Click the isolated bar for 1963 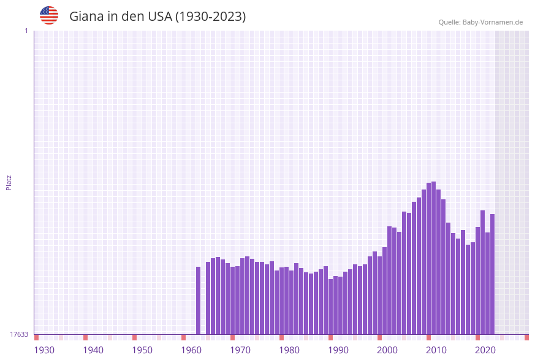(x=199, y=301)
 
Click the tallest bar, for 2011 (x=434, y=258)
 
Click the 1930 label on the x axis (x=44, y=350)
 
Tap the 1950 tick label (x=142, y=350)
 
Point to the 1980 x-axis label (x=289, y=350)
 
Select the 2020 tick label (x=485, y=350)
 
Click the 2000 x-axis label (x=387, y=350)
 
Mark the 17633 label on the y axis (x=19, y=334)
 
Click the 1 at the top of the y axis (x=26, y=31)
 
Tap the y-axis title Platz (x=9, y=182)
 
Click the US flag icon (x=49, y=15)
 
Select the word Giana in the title (x=86, y=17)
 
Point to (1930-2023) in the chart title (x=210, y=17)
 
